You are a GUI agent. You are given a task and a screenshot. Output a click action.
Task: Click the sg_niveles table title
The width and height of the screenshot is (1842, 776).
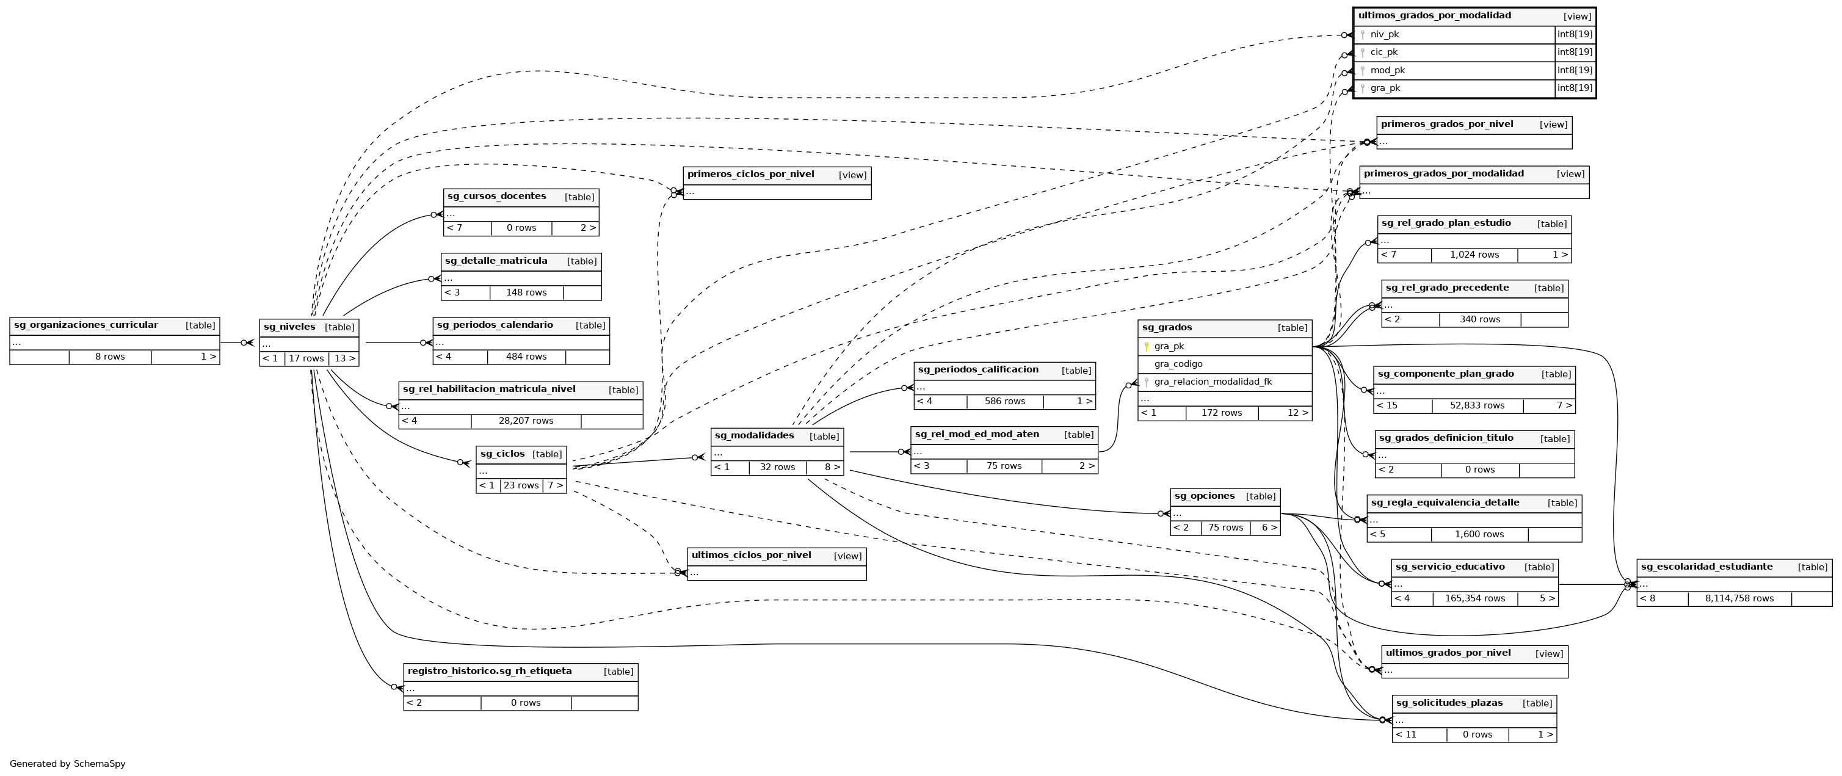click(289, 327)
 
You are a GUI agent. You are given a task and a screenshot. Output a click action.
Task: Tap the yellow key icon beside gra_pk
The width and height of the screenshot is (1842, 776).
click(1146, 346)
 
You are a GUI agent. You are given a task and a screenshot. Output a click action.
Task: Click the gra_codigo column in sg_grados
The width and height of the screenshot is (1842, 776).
click(1178, 364)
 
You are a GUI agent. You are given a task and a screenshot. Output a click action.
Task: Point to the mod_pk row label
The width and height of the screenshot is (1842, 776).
click(1387, 70)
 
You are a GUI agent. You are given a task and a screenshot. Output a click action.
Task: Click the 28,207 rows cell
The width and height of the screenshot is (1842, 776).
click(526, 421)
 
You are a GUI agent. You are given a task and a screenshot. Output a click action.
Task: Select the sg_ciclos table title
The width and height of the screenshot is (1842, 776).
click(502, 454)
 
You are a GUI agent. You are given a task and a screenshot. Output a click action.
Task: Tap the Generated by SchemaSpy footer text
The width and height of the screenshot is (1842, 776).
click(67, 764)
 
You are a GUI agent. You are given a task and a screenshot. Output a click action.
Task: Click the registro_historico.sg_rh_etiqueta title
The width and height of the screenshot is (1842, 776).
click(490, 671)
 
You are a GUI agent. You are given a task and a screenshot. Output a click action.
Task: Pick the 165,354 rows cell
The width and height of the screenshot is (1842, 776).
click(1474, 598)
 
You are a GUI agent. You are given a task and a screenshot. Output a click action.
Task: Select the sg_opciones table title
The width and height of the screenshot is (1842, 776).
click(1204, 496)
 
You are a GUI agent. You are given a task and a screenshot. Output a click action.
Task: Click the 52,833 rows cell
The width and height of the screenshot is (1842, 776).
click(1477, 405)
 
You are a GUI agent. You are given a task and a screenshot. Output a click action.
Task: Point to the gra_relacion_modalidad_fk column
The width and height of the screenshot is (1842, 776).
click(1213, 382)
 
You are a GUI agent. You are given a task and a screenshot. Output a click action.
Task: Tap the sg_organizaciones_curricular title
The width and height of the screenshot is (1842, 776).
click(86, 325)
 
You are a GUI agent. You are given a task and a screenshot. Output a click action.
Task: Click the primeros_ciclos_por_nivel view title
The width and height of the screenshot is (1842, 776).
click(751, 174)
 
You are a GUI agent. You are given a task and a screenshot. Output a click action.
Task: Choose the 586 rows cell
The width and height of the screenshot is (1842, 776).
click(1005, 401)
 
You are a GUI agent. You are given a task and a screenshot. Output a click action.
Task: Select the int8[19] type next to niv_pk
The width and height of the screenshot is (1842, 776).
click(1575, 34)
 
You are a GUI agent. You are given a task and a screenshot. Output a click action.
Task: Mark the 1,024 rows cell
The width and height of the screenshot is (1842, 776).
click(1474, 255)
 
